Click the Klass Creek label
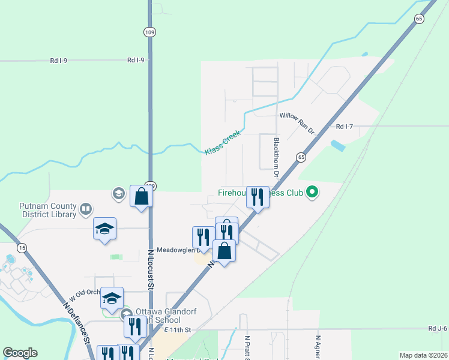click(222, 143)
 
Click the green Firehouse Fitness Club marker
click(312, 193)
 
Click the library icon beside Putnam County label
click(86, 209)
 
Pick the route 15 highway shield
click(22, 248)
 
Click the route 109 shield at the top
click(148, 31)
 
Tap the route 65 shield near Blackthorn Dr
click(300, 157)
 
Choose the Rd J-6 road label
click(438, 329)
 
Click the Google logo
click(20, 353)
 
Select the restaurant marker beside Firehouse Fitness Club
click(258, 197)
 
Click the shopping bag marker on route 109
click(141, 196)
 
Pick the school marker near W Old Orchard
click(112, 298)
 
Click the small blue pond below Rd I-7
click(337, 145)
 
